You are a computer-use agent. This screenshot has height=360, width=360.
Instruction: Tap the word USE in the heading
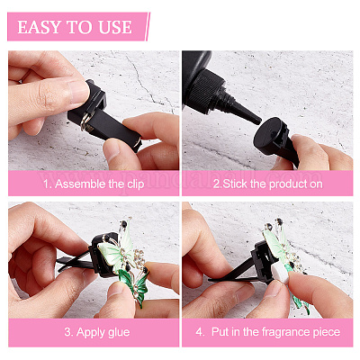(x=115, y=27)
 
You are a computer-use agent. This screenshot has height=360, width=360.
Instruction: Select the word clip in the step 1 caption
(x=135, y=184)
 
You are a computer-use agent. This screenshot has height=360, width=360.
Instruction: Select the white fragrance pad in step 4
(x=282, y=274)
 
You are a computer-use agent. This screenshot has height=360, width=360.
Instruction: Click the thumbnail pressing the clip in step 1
(x=79, y=91)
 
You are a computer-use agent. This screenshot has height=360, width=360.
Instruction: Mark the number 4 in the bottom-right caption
(x=199, y=332)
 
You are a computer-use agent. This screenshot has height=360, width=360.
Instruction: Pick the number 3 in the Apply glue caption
(x=67, y=332)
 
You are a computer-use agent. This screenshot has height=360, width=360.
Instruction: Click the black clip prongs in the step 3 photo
(x=74, y=263)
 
